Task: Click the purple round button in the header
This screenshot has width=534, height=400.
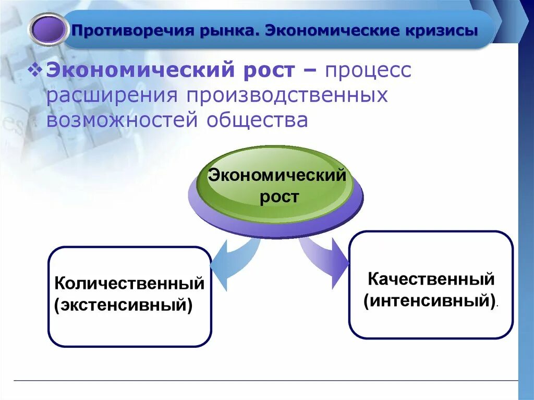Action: click(x=48, y=29)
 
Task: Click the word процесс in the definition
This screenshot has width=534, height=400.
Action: click(x=368, y=71)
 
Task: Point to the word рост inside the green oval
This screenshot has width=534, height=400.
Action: click(x=280, y=197)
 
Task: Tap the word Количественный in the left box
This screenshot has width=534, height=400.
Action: click(x=129, y=284)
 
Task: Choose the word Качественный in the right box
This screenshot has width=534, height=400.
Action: click(x=431, y=279)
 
